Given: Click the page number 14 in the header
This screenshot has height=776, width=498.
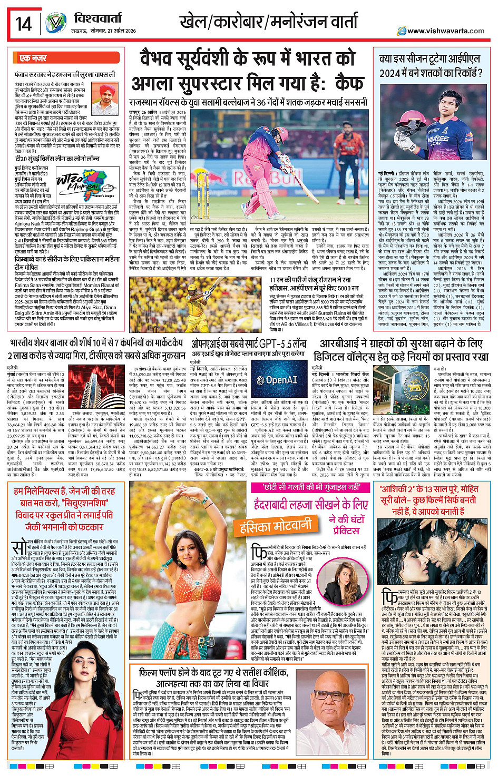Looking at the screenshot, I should tap(24, 24).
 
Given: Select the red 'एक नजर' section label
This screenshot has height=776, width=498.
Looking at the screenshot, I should tap(33, 58).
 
